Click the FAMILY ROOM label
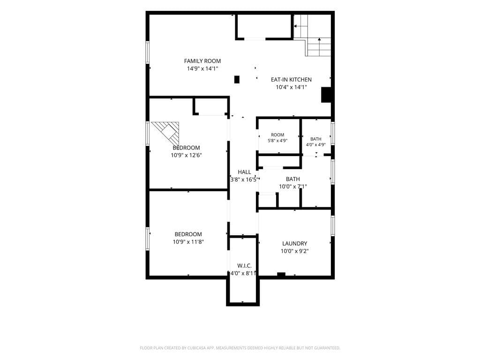click(x=202, y=61)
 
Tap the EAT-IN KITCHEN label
click(x=291, y=80)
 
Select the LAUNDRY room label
click(x=294, y=243)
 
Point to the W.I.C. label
click(x=244, y=266)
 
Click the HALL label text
click(x=244, y=172)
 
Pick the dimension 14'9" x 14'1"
click(x=202, y=68)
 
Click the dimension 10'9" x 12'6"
click(x=186, y=155)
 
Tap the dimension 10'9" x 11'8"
click(x=188, y=242)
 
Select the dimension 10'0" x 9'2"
click(x=294, y=251)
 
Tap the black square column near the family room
click(x=237, y=79)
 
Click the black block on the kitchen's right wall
click(x=326, y=95)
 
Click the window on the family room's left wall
click(x=147, y=52)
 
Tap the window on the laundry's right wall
click(x=333, y=225)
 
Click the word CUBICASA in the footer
click(x=199, y=348)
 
